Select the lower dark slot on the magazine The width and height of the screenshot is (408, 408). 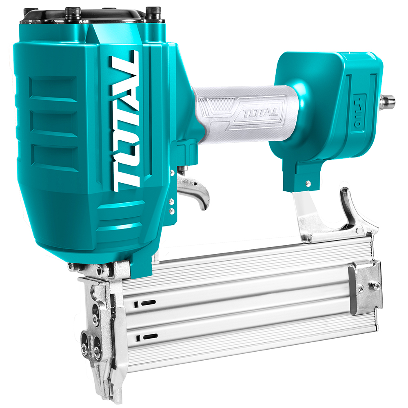click(x=149, y=337)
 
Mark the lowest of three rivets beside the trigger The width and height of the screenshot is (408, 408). click(x=172, y=211)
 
